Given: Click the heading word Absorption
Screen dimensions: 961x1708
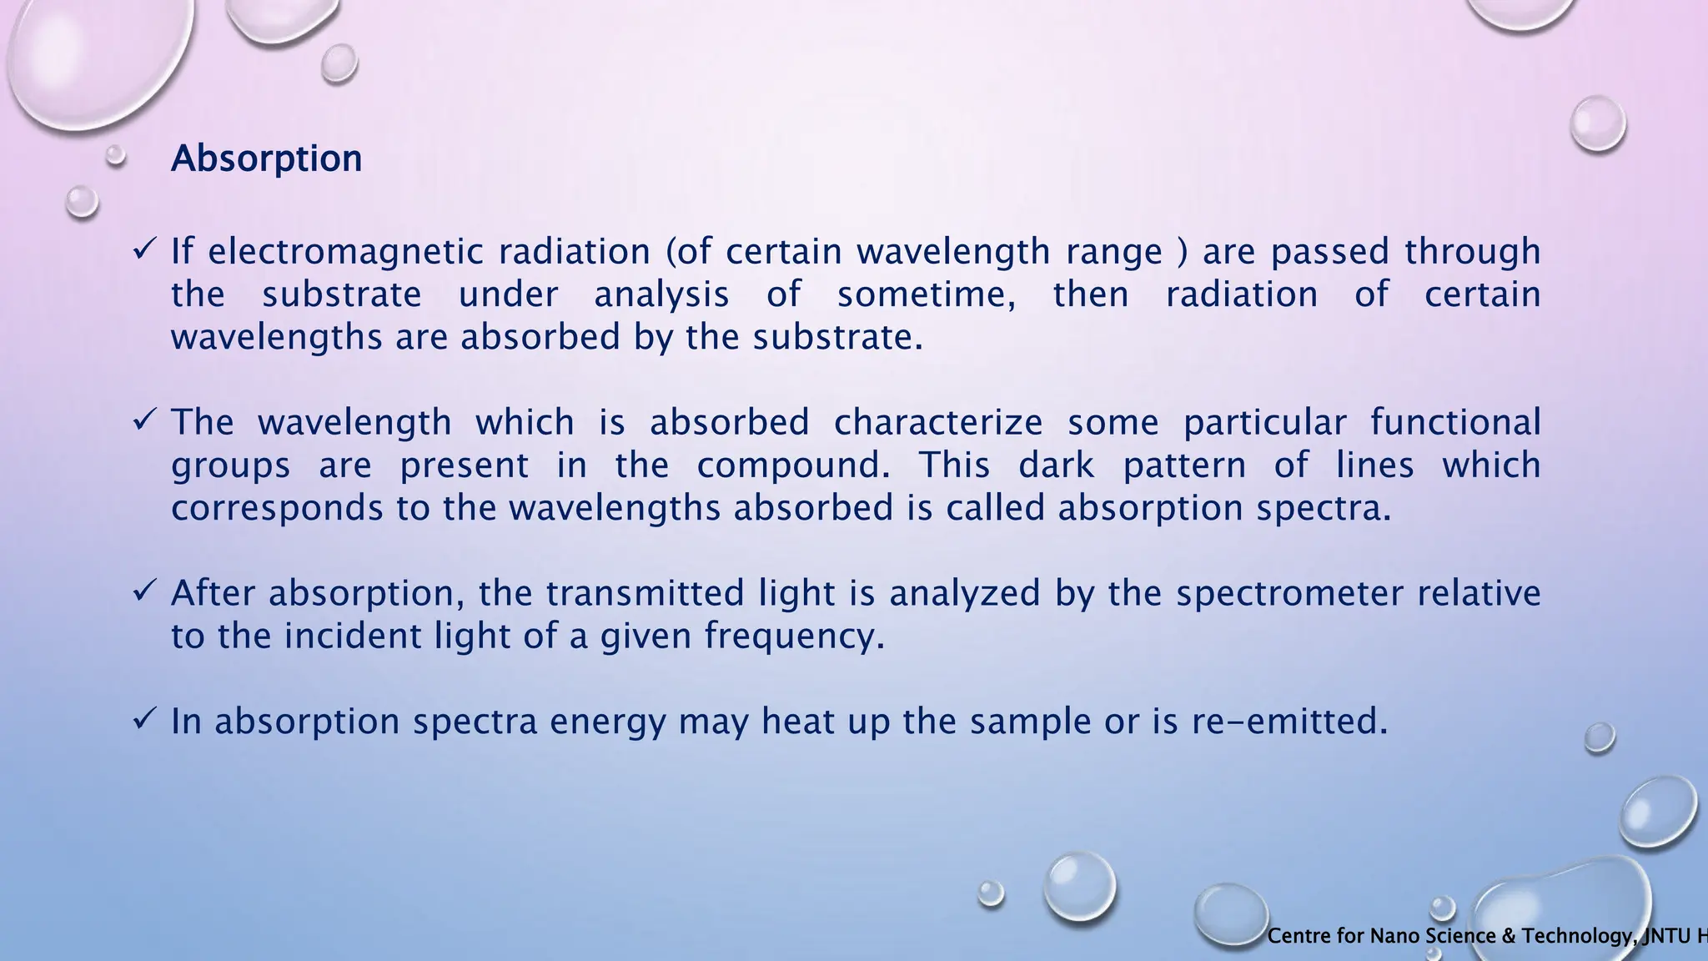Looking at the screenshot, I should click(266, 158).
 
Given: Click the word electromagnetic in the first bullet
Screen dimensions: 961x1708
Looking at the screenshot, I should click(345, 252).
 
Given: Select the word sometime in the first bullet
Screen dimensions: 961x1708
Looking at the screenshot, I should click(926, 294).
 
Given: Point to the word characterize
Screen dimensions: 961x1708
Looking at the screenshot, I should click(937, 423).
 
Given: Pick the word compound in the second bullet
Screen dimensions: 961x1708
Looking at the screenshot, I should click(792, 465).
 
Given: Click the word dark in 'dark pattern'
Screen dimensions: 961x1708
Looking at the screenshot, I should click(1056, 465).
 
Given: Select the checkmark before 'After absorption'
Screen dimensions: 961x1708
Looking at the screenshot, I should click(144, 591).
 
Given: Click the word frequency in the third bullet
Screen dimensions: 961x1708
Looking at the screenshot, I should click(793, 636).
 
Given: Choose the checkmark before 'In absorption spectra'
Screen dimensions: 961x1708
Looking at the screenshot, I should click(144, 718).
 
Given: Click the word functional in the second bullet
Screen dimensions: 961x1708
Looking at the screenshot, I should click(1454, 423).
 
